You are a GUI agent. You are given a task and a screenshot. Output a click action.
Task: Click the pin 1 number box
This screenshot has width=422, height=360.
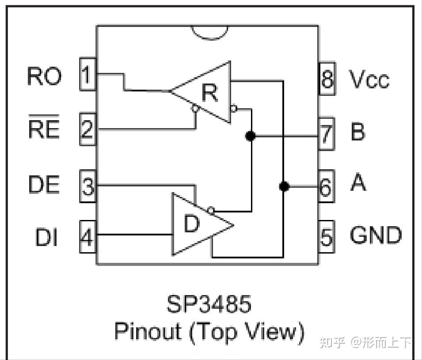click(87, 74)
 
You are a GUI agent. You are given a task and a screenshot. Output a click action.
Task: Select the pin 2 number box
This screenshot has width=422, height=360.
click(87, 129)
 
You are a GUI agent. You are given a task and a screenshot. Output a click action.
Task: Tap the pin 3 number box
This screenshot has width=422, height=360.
click(88, 186)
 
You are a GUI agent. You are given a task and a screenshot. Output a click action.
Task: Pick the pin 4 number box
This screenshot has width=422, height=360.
click(87, 237)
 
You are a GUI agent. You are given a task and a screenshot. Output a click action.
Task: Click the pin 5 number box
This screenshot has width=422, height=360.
click(326, 236)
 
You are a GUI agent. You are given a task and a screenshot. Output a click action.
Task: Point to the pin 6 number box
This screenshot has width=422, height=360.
click(326, 186)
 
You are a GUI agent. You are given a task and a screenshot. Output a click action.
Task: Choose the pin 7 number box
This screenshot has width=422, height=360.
click(326, 133)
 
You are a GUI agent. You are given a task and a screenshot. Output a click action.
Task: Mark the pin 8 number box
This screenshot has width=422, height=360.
click(327, 79)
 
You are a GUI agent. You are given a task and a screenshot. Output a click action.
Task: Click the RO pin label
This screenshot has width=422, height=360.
click(44, 76)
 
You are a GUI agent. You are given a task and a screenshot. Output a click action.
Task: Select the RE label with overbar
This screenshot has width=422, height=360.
click(44, 128)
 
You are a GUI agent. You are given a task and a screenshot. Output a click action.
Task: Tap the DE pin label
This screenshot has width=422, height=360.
click(44, 184)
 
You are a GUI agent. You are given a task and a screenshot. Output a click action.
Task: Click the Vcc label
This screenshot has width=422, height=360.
click(369, 80)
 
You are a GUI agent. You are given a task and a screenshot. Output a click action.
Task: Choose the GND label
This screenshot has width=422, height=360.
click(376, 235)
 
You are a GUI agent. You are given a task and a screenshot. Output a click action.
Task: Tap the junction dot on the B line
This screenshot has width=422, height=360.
click(251, 136)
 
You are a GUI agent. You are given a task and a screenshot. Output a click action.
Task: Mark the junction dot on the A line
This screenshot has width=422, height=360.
click(284, 186)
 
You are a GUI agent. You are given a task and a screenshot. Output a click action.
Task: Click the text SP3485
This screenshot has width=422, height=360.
click(209, 304)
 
